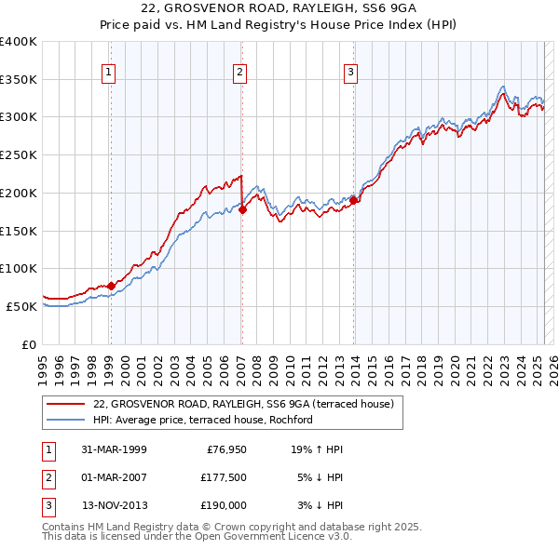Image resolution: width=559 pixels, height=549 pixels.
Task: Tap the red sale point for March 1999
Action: click(111, 286)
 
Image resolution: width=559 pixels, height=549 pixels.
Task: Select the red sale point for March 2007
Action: click(242, 209)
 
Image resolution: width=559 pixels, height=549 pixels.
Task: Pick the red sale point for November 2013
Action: click(354, 200)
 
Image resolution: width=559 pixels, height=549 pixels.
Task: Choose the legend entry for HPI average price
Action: click(203, 420)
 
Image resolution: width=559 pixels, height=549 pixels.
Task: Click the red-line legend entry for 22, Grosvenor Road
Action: click(244, 404)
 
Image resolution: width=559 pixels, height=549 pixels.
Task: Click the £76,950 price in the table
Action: click(223, 449)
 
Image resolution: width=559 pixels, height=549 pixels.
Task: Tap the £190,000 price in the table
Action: click(223, 505)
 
